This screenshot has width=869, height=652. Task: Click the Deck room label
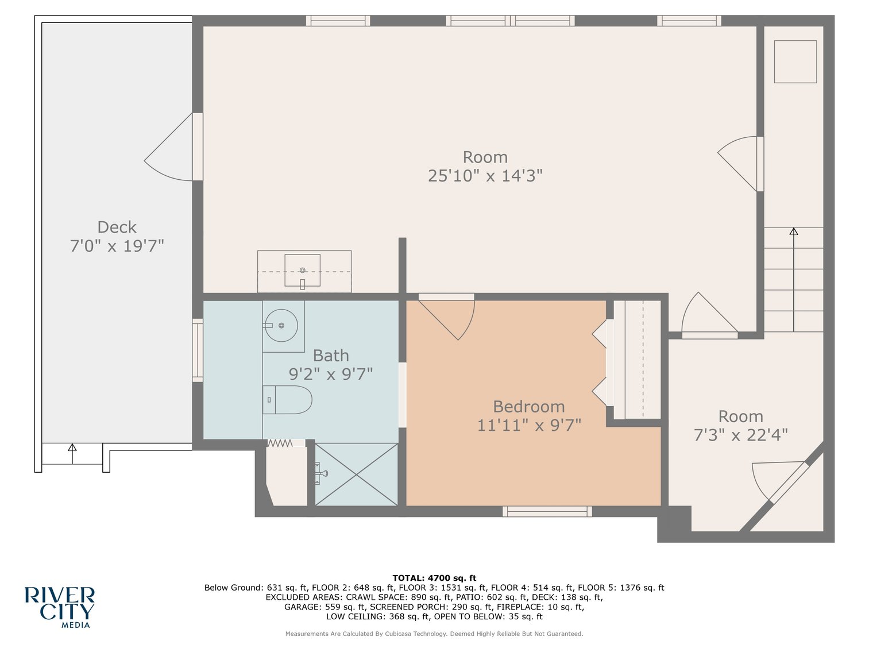click(117, 227)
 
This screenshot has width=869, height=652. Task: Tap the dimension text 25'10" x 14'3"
click(485, 176)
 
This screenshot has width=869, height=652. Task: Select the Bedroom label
click(528, 407)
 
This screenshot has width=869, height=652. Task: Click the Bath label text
click(331, 356)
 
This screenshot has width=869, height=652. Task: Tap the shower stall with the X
click(356, 474)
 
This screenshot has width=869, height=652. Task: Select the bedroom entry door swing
click(451, 316)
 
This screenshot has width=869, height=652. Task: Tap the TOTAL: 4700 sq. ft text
click(434, 578)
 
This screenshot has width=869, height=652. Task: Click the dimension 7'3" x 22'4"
click(740, 435)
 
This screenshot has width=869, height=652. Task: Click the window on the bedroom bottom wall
click(547, 511)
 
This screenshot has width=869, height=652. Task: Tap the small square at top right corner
click(795, 61)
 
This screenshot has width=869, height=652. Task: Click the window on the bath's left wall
click(198, 350)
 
